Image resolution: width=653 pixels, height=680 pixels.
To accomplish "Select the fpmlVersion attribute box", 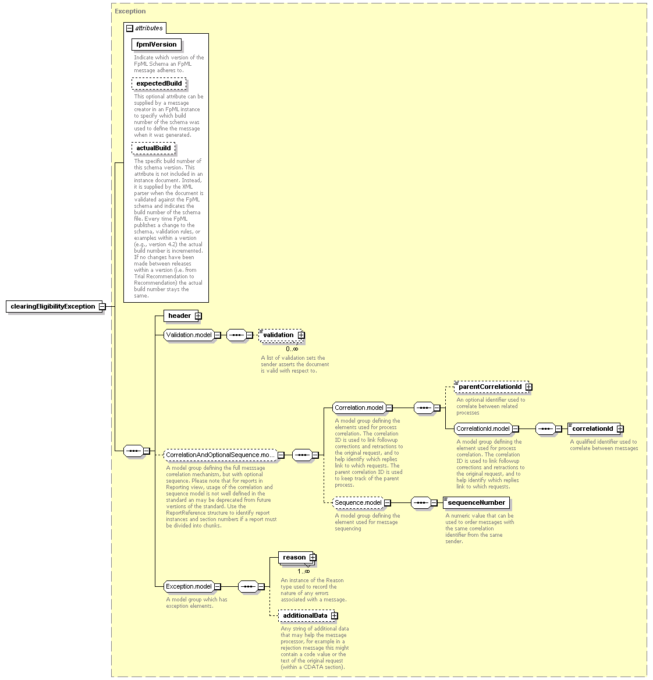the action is [x=157, y=45].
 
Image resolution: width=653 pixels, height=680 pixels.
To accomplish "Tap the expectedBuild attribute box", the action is [x=159, y=84].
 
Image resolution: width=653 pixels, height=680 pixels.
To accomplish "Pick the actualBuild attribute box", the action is [x=154, y=148].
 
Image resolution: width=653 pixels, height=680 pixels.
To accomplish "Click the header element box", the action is [x=181, y=316].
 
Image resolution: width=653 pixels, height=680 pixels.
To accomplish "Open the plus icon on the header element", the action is [x=198, y=316].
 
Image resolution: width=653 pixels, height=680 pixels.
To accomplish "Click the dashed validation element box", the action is [x=281, y=335].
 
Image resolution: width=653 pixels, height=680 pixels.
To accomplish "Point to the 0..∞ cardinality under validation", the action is [x=292, y=349].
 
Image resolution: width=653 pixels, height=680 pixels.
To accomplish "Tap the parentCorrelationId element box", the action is [x=492, y=387].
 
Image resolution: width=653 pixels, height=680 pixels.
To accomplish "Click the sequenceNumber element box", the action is [x=476, y=503].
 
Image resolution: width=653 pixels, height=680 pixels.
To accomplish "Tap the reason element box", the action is [x=297, y=558].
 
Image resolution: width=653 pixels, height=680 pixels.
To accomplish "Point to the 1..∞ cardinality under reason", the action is [x=304, y=572].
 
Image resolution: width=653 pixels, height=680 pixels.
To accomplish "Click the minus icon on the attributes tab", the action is [x=130, y=29].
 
